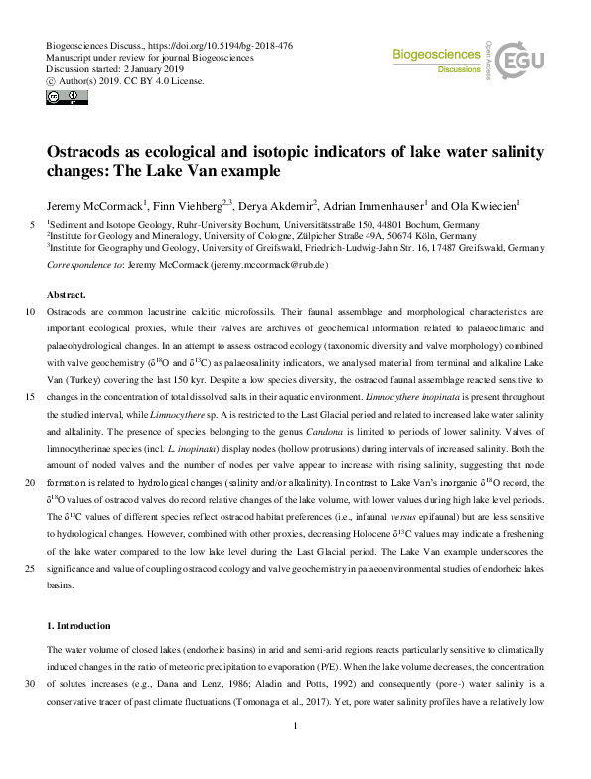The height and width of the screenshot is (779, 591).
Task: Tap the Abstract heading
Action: click(x=66, y=295)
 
